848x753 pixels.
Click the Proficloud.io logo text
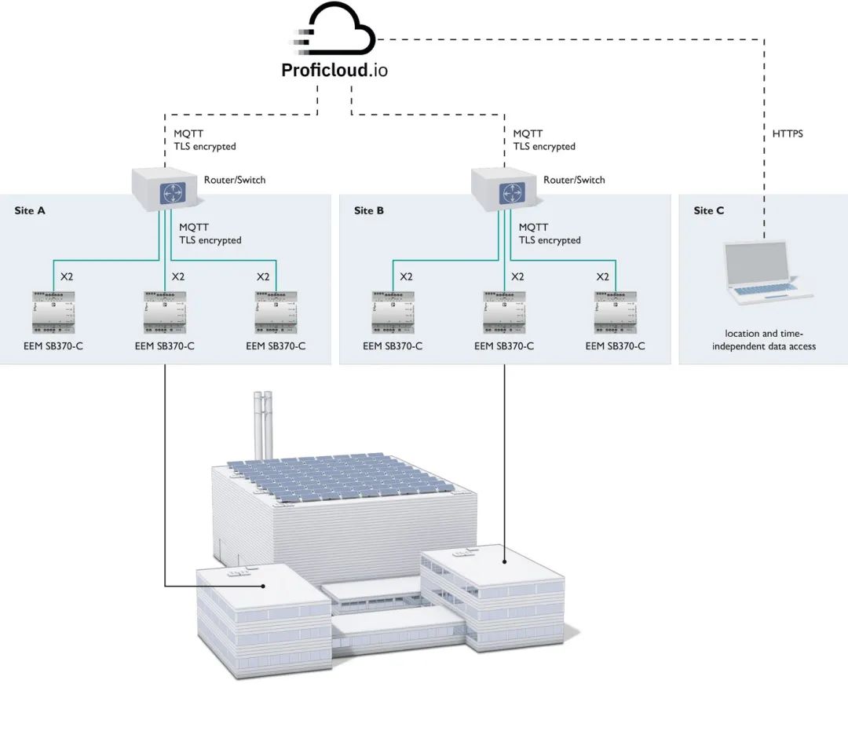pyautogui.click(x=334, y=71)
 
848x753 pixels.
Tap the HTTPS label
pyautogui.click(x=788, y=134)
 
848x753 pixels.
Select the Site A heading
pyautogui.click(x=30, y=210)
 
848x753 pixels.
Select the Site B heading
pyautogui.click(x=369, y=210)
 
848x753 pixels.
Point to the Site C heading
pyautogui.click(x=709, y=210)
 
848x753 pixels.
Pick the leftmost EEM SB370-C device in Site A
pyautogui.click(x=53, y=312)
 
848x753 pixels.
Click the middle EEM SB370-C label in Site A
pyautogui.click(x=165, y=345)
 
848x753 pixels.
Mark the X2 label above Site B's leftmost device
pyautogui.click(x=406, y=276)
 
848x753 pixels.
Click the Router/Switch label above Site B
pyautogui.click(x=574, y=180)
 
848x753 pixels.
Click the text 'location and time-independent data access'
pyautogui.click(x=764, y=340)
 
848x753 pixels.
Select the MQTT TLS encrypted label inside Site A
pyautogui.click(x=210, y=234)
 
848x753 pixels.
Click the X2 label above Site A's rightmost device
pyautogui.click(x=263, y=276)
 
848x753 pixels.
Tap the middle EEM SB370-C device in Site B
pyautogui.click(x=503, y=312)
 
